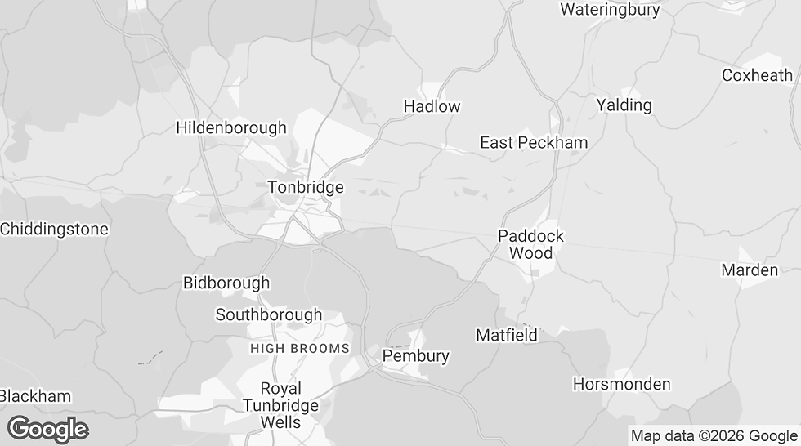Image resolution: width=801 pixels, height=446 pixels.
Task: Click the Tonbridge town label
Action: point(306,187)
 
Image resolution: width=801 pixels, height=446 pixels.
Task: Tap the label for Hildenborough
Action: point(231,127)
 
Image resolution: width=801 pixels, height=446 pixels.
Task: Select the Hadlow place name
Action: point(432,106)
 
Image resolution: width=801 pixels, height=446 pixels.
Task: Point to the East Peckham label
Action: point(533,143)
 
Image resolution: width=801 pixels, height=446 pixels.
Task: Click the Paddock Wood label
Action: point(530,244)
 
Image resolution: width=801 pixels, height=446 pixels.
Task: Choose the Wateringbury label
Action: point(609,10)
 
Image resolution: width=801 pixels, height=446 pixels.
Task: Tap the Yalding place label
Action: point(624,105)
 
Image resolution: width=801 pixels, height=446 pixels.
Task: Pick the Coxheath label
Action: point(757,75)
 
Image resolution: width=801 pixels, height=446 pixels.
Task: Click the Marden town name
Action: point(749,270)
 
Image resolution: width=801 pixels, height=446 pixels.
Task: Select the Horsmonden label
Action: point(621,384)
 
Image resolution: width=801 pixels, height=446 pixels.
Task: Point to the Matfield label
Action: point(507,335)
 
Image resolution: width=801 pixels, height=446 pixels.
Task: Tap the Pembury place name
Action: point(416,356)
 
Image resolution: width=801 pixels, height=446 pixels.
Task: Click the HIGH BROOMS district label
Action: point(300,348)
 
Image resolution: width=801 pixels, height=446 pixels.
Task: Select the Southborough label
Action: point(268,314)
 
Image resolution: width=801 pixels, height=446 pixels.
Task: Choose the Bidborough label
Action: point(226,283)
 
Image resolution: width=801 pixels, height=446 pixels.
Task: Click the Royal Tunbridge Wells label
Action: point(280,405)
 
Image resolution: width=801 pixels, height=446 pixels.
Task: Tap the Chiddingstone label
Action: point(54,229)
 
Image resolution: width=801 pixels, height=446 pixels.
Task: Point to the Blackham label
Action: point(36,396)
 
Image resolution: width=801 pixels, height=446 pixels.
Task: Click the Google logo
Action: point(47,429)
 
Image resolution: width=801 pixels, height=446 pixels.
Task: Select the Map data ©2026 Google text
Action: point(714,436)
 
